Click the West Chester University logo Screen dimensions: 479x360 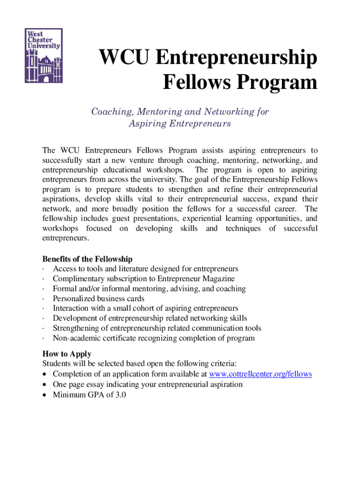(x=43, y=55)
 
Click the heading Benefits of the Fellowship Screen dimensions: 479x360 (x=87, y=259)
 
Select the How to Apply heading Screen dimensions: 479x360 (x=67, y=354)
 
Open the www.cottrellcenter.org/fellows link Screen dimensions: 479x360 (x=260, y=374)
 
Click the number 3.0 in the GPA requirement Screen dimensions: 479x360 (x=121, y=394)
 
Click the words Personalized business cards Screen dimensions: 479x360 (x=99, y=298)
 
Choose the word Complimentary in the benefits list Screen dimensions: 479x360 (x=78, y=279)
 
